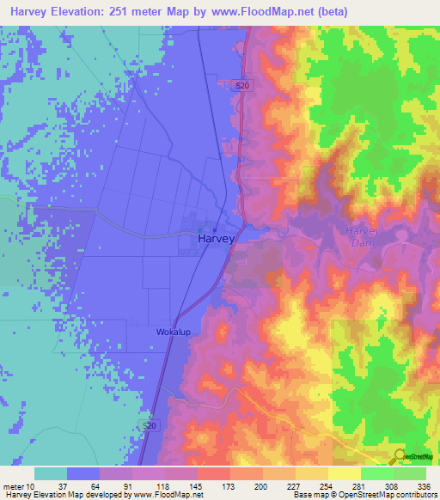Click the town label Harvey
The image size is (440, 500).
[x=216, y=240]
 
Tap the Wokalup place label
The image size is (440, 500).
[x=174, y=331]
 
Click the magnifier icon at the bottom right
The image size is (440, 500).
[x=399, y=457]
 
